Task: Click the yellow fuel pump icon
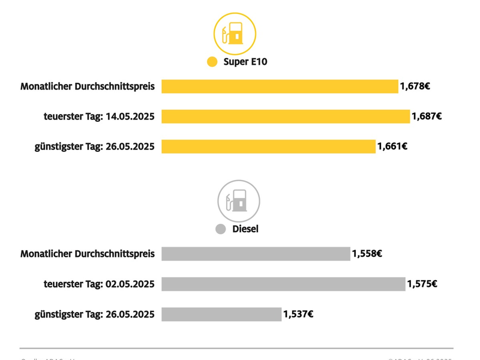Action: (x=235, y=34)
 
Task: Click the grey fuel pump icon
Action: (x=238, y=201)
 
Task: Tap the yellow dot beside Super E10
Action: (x=212, y=62)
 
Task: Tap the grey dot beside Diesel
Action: (x=220, y=229)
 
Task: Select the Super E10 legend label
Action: (x=245, y=62)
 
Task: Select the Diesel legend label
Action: (x=245, y=229)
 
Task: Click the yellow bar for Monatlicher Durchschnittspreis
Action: (x=280, y=86)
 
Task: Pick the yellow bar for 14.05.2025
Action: (x=286, y=116)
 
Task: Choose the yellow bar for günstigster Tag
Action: (x=268, y=146)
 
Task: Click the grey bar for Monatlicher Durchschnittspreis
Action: (x=256, y=254)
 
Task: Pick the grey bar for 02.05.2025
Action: (x=283, y=284)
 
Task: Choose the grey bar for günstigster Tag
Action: (x=221, y=314)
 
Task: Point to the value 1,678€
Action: (x=415, y=86)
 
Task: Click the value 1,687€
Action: (x=427, y=116)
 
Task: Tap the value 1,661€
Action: (x=392, y=146)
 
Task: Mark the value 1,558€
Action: (x=367, y=254)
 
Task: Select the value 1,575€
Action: (x=422, y=284)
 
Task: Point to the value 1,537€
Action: (x=298, y=314)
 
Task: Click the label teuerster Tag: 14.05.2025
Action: (x=99, y=116)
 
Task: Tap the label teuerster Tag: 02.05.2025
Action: (x=99, y=284)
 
